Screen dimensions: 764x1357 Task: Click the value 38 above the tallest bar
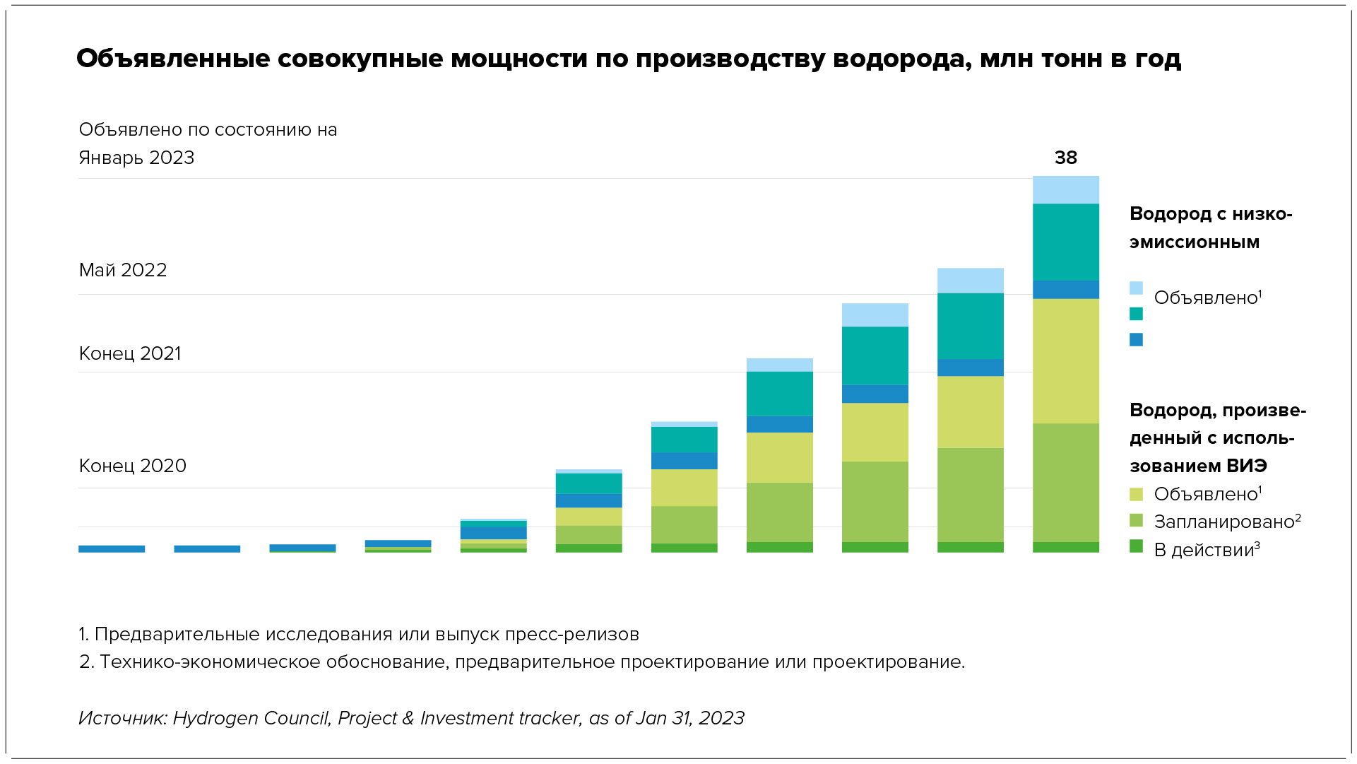pyautogui.click(x=1065, y=158)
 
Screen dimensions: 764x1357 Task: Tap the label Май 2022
pyautogui.click(x=123, y=270)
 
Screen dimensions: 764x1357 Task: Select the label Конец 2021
pyautogui.click(x=130, y=353)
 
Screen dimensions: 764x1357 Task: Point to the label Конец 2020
pyautogui.click(x=133, y=466)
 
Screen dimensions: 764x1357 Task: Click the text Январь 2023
pyautogui.click(x=136, y=158)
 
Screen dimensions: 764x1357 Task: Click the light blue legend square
pyautogui.click(x=1136, y=288)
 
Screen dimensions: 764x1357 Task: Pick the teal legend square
pyautogui.click(x=1136, y=314)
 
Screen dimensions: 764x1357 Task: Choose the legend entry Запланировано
pyautogui.click(x=1226, y=522)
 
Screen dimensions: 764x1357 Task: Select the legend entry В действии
pyautogui.click(x=1206, y=550)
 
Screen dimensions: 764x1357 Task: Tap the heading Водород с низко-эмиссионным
pyautogui.click(x=1210, y=228)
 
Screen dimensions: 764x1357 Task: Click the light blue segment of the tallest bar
pyautogui.click(x=1065, y=190)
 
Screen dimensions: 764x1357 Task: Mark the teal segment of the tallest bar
pyautogui.click(x=1065, y=242)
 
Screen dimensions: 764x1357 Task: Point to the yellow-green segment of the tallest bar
pyautogui.click(x=1065, y=360)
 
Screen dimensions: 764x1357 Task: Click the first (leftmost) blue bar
pyautogui.click(x=112, y=548)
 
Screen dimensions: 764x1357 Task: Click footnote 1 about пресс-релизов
pyautogui.click(x=359, y=634)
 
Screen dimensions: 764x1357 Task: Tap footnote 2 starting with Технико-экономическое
pyautogui.click(x=521, y=662)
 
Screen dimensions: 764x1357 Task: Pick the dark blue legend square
pyautogui.click(x=1136, y=340)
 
